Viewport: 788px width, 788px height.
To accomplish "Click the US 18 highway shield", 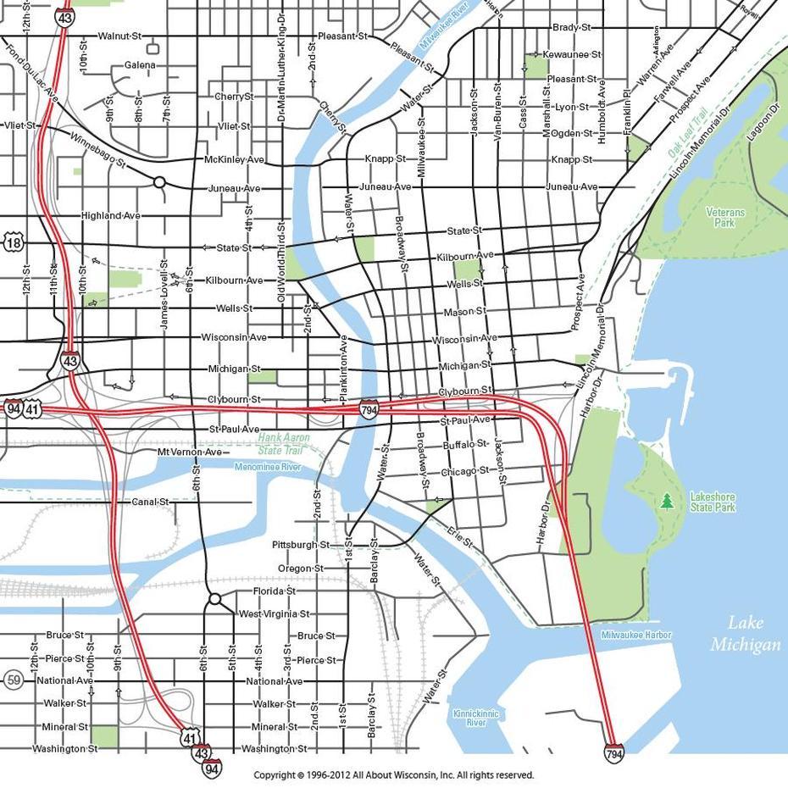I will pos(13,243).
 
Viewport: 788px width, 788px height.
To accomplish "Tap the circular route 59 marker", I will pos(13,680).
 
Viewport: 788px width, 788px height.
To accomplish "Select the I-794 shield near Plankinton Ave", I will pos(369,408).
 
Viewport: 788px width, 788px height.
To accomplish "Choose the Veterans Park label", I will pos(724,217).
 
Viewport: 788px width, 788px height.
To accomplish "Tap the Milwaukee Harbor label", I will pos(635,635).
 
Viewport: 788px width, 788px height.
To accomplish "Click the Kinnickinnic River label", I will pos(475,718).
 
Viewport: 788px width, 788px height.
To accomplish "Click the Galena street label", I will pos(140,65).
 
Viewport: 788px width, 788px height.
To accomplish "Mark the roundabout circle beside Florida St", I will pos(214,599).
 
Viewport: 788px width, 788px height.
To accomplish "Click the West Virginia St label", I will pos(275,613).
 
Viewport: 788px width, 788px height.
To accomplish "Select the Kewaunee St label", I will pos(571,54).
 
